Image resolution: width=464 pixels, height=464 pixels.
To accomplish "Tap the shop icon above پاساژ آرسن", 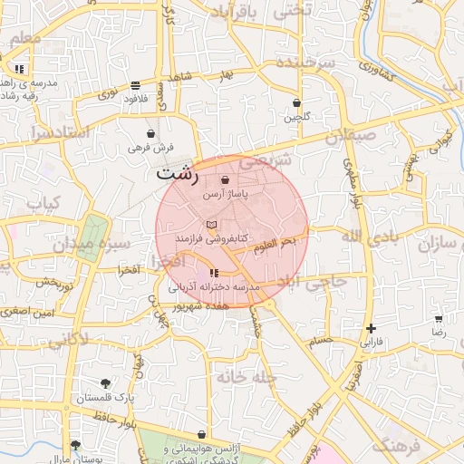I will point(225,180).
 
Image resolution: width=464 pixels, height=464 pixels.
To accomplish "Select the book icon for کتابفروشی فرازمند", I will point(212,225).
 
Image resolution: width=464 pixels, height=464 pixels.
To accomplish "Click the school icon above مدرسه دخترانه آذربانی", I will point(214,273).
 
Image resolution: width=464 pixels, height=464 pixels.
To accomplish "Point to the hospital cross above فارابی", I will point(370,328).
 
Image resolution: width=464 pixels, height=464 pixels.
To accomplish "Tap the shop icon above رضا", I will point(439,319).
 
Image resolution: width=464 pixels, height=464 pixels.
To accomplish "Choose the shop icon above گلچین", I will point(296,102).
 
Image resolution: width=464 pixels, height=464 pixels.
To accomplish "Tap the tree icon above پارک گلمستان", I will point(105,383).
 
